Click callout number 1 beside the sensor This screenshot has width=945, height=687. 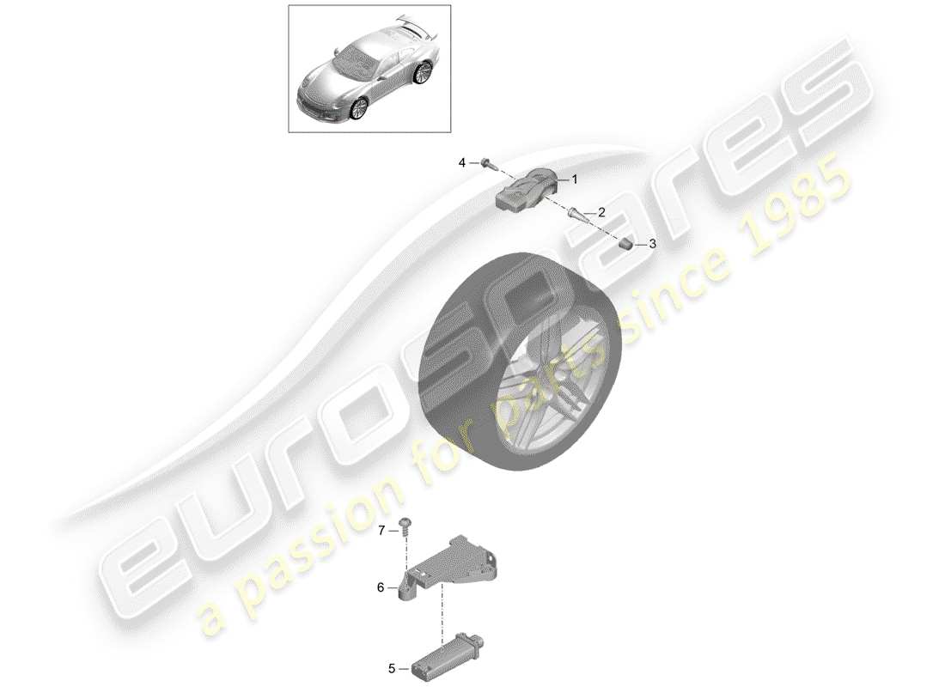point(575,179)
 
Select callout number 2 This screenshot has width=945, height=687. point(601,212)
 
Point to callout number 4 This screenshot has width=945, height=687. point(462,162)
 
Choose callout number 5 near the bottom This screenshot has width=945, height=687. point(392,668)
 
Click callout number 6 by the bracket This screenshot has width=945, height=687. point(381,587)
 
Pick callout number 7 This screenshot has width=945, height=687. point(381,531)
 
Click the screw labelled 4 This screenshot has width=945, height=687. point(486,162)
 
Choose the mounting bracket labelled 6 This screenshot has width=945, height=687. point(449,568)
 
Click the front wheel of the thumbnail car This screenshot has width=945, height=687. point(360,108)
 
